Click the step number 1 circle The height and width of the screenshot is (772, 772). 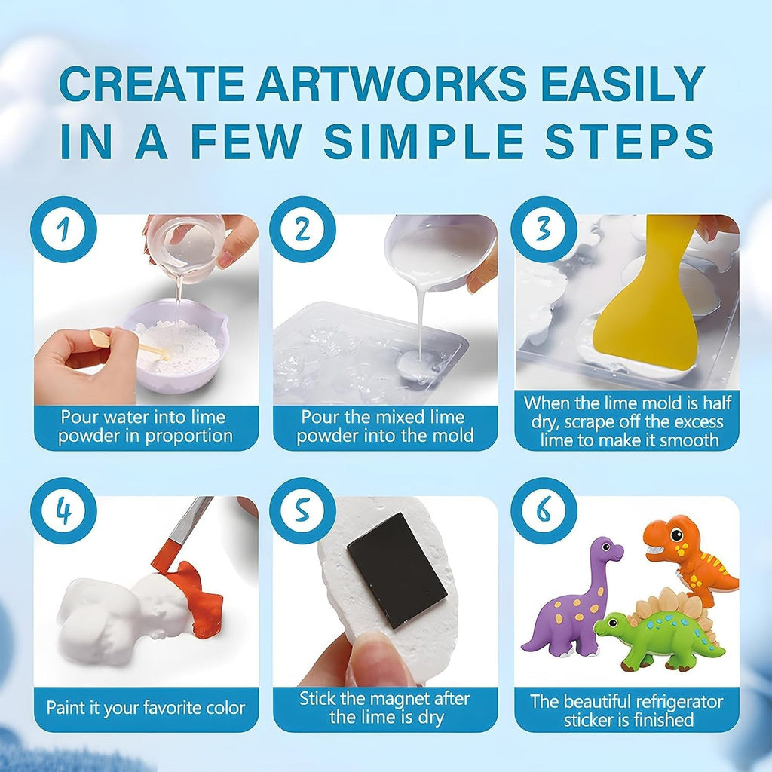point(63,229)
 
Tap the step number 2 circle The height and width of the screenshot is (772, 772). point(302,229)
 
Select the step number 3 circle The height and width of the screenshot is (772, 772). point(544,229)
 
